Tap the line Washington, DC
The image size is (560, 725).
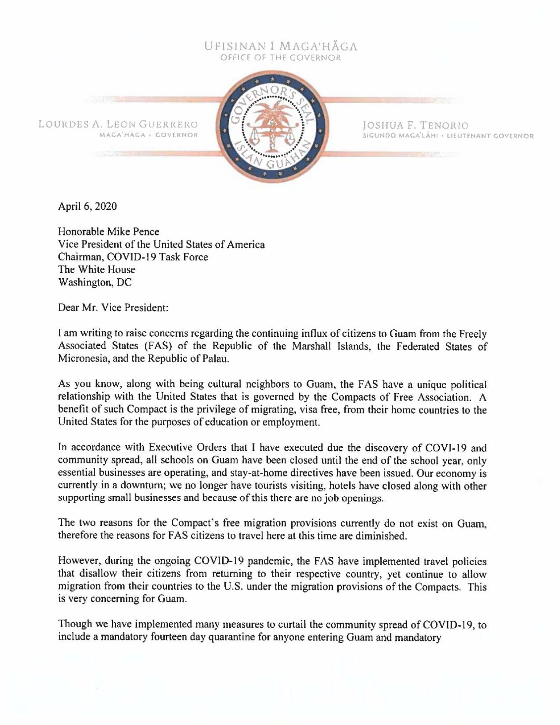tap(95, 282)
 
